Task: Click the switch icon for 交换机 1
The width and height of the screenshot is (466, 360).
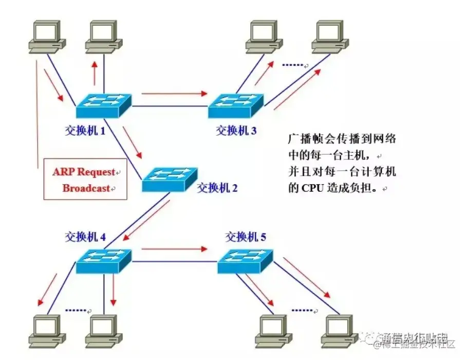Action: [104, 106]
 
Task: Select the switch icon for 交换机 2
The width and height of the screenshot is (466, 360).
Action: [170, 179]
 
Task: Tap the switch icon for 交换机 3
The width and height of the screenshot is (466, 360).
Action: [236, 106]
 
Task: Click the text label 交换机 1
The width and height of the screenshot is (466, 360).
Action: [85, 131]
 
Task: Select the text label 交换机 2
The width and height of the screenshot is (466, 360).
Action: [217, 188]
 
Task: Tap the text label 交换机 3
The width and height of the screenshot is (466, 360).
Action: [236, 131]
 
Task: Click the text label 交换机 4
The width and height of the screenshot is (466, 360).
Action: [85, 237]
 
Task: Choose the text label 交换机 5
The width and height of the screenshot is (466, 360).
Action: [246, 237]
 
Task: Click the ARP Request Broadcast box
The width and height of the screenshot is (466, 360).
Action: [85, 179]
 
